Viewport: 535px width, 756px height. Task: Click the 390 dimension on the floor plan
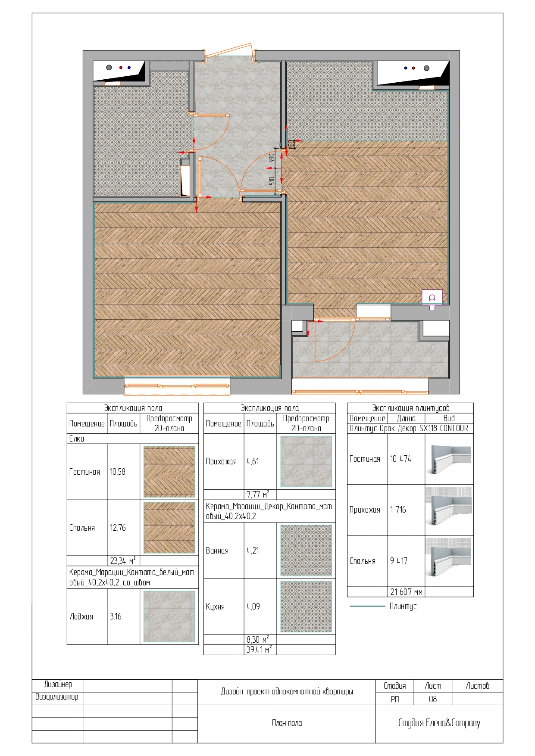(x=272, y=159)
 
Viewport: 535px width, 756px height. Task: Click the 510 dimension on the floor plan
(x=272, y=181)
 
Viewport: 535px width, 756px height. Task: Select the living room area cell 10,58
(x=118, y=472)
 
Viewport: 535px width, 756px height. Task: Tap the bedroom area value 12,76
(x=118, y=528)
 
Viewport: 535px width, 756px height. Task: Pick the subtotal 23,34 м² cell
(x=123, y=560)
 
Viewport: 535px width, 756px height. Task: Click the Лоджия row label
(x=81, y=616)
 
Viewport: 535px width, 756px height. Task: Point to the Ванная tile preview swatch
(x=306, y=551)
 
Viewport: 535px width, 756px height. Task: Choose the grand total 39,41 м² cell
(x=259, y=650)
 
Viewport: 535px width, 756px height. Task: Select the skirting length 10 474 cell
(x=401, y=459)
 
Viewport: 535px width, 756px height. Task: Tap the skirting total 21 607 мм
(x=407, y=592)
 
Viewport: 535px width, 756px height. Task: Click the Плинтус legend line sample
(x=367, y=606)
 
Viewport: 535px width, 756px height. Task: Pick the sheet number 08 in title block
(x=433, y=699)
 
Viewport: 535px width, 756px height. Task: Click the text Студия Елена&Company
(x=439, y=723)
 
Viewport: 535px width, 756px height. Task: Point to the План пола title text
(x=287, y=723)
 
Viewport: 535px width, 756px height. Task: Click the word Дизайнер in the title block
(x=58, y=684)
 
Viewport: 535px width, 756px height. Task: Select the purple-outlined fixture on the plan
(x=432, y=298)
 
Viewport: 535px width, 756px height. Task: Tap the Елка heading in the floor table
(x=77, y=439)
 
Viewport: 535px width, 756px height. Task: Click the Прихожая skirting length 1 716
(x=398, y=510)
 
